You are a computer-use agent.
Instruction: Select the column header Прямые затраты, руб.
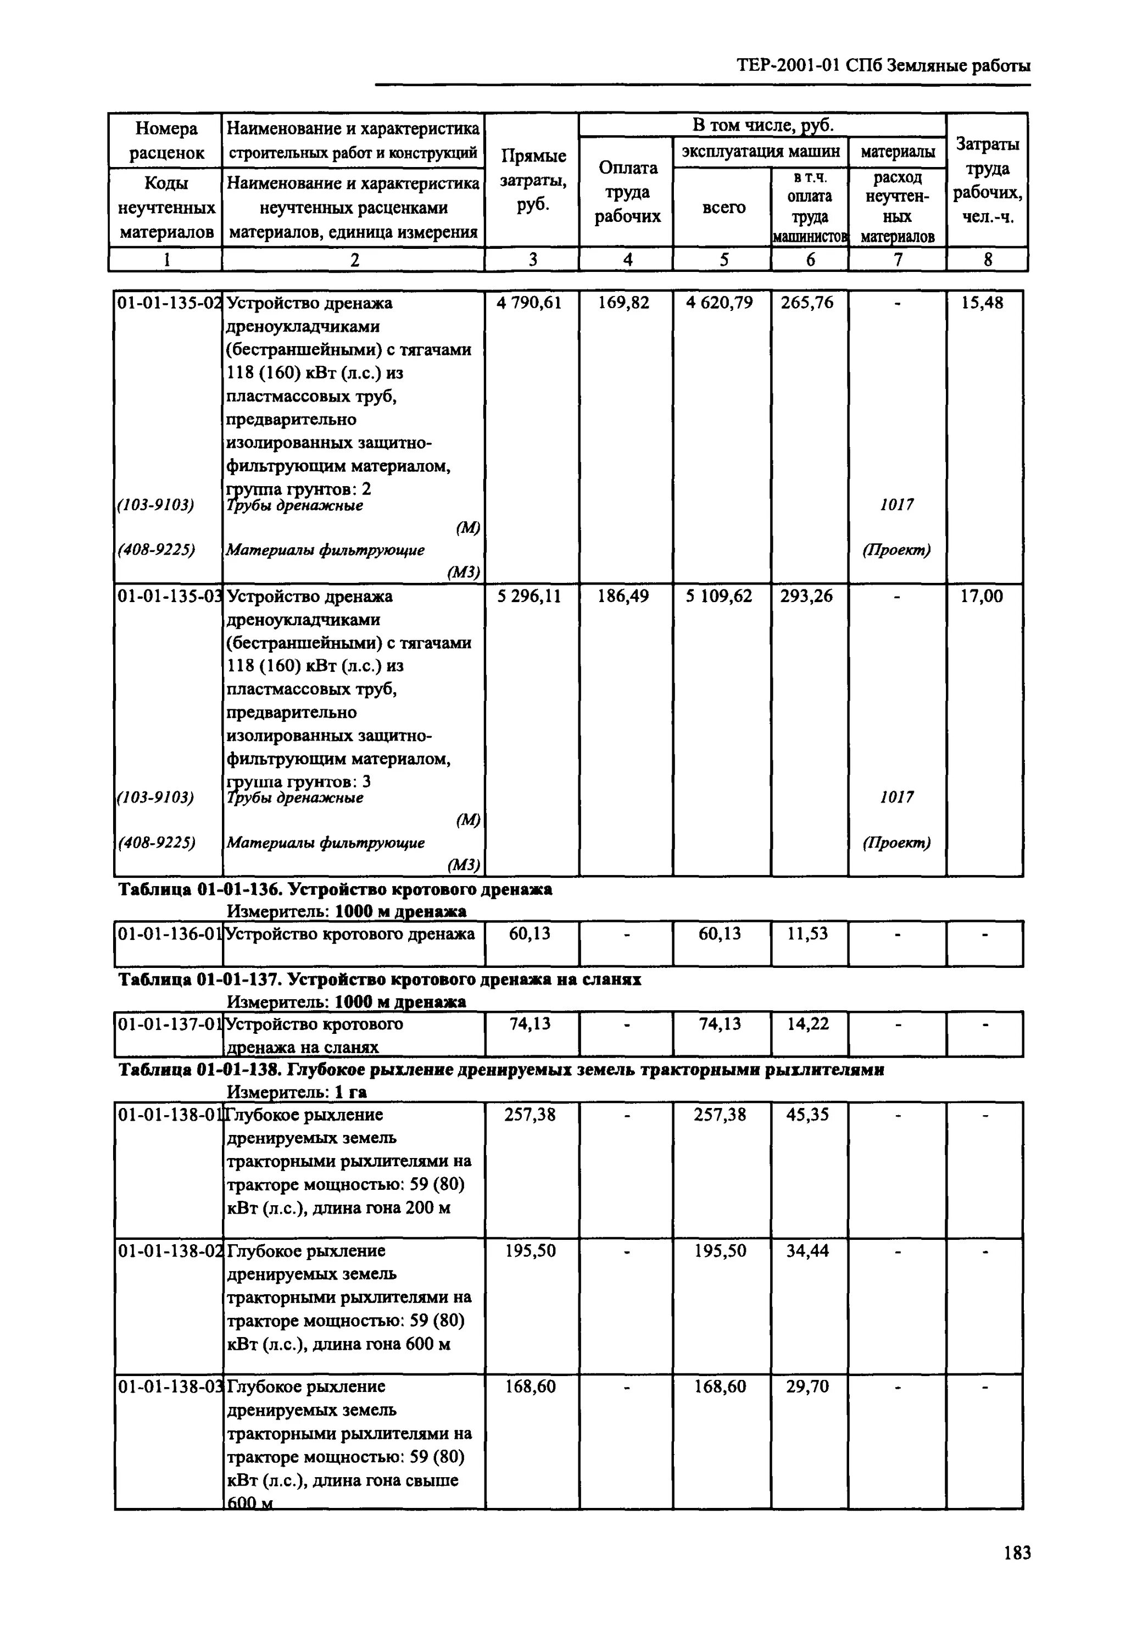pos(533,180)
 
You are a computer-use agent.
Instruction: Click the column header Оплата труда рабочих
pos(628,192)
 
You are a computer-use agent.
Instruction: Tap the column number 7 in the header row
pos(897,260)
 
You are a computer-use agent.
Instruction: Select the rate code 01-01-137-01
pos(169,1025)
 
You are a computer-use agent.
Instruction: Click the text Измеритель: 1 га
pos(297,1092)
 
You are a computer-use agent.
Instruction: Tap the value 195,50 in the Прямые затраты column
pos(530,1251)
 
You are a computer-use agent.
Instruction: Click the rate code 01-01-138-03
pos(169,1387)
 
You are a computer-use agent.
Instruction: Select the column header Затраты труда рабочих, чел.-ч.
pos(986,180)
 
